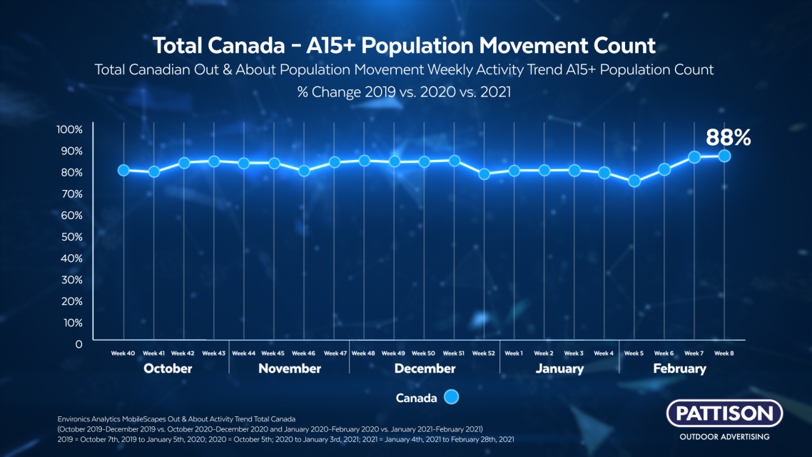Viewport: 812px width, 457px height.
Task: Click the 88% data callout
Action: (728, 137)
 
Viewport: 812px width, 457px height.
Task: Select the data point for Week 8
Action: (724, 156)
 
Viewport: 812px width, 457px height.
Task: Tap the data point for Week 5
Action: (634, 181)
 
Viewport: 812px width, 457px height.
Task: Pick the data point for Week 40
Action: (123, 170)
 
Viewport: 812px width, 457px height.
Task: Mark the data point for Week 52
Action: (484, 174)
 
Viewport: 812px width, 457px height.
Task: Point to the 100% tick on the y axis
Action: (69, 129)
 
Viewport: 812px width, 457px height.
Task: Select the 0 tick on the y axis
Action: (78, 343)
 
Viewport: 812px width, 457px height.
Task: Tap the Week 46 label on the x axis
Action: (303, 353)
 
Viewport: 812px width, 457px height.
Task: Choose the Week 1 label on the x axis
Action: (514, 353)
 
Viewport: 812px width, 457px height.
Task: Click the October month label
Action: (168, 368)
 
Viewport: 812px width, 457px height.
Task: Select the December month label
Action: (425, 368)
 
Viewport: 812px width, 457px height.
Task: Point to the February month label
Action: (679, 368)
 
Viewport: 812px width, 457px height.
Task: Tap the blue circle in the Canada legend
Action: (451, 398)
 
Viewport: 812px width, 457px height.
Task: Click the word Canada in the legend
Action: (416, 398)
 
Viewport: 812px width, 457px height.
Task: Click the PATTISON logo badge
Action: (724, 413)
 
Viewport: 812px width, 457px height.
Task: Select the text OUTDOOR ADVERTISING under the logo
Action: (724, 436)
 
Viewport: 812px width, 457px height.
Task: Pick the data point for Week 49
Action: (394, 162)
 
